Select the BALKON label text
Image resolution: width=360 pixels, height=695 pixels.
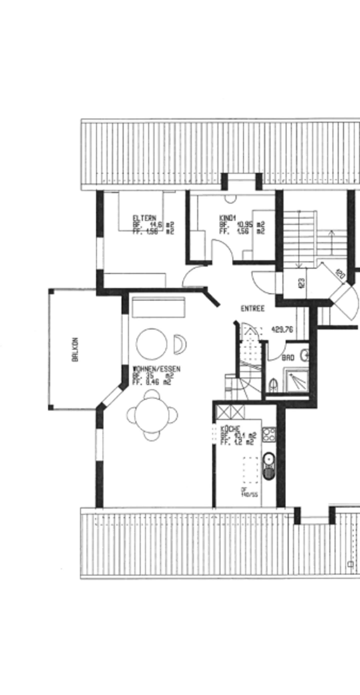click(x=75, y=350)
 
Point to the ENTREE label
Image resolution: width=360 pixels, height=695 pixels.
click(x=253, y=309)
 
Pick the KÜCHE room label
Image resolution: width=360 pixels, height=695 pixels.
click(x=230, y=429)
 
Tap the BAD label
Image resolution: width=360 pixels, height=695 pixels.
click(x=288, y=358)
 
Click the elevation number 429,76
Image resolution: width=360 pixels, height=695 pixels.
click(x=282, y=330)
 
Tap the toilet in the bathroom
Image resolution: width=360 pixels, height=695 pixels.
click(x=273, y=385)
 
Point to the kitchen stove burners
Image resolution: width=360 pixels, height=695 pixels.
click(x=269, y=434)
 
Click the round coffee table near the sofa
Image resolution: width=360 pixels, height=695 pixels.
click(x=151, y=344)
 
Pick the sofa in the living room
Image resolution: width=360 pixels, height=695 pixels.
click(x=158, y=307)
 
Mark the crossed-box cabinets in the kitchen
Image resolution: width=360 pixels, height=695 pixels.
click(x=231, y=412)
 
